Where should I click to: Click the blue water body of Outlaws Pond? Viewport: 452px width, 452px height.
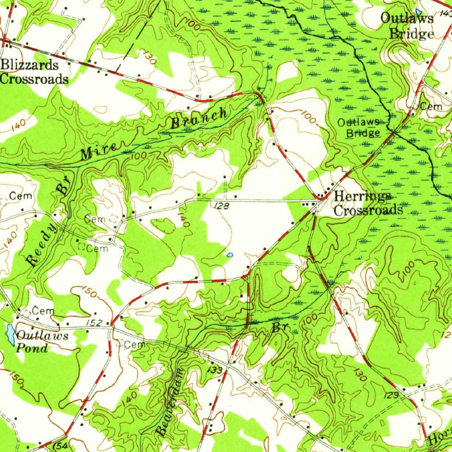(x=9, y=334)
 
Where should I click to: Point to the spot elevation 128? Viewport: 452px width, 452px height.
(x=221, y=206)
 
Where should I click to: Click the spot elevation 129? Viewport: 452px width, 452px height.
(x=394, y=396)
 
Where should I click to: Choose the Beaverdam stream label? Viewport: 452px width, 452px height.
(x=170, y=402)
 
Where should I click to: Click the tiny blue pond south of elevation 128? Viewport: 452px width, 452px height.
(x=230, y=255)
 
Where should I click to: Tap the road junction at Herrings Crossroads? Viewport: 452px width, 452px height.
(x=320, y=200)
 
